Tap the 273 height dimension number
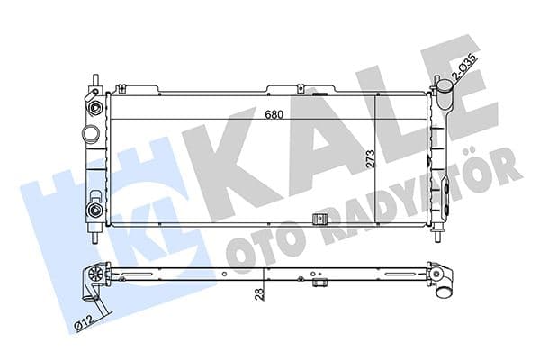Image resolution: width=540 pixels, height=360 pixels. click(371, 160)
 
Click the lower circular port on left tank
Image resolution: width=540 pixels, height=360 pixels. click(93, 211)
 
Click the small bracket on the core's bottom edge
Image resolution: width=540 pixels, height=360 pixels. click(317, 221)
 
